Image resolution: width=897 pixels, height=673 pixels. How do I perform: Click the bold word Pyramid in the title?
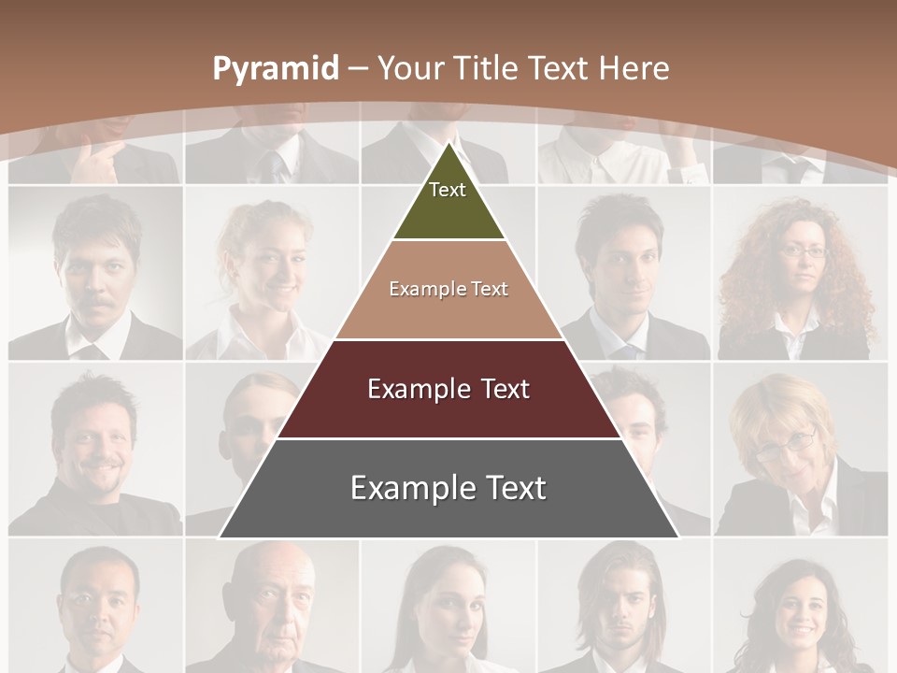[x=275, y=69]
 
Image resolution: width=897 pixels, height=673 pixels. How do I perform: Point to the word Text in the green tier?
[x=448, y=190]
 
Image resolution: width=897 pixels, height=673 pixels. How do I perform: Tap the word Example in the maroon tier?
[x=420, y=389]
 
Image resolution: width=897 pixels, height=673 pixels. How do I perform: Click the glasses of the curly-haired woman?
[x=802, y=251]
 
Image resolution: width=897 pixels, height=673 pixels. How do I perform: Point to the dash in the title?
[x=358, y=68]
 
